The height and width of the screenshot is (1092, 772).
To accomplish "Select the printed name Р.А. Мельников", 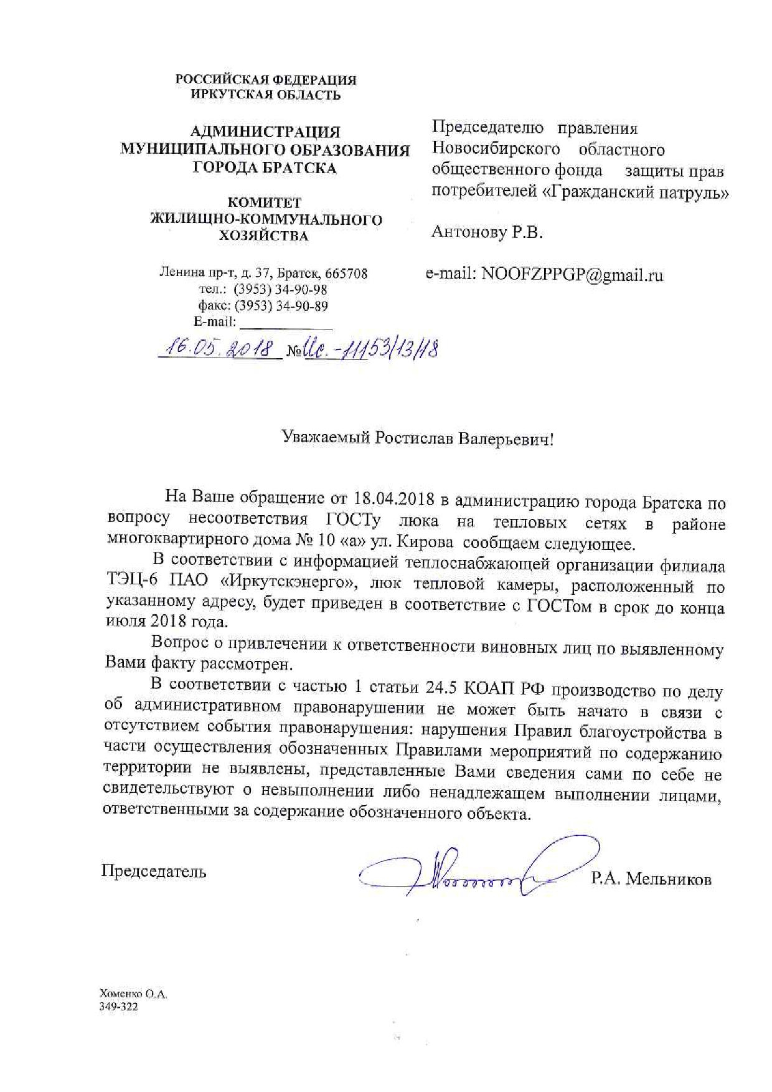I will tap(651, 878).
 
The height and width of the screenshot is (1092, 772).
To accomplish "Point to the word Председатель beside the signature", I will tap(154, 870).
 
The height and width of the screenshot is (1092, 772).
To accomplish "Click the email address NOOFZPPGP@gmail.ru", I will tap(572, 275).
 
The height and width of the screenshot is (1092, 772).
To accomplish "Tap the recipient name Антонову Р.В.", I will tap(487, 234).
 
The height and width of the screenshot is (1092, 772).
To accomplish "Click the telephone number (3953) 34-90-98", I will tap(280, 290).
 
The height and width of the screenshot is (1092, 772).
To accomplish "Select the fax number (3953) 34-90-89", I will tap(280, 306).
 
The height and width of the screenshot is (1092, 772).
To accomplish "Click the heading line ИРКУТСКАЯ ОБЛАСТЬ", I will tap(265, 95).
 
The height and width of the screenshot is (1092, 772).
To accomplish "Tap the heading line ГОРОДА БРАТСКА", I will tap(265, 168).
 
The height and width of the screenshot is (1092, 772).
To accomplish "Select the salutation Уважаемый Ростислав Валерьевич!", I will tap(417, 439).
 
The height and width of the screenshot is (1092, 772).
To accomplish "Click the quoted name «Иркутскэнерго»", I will tap(288, 586).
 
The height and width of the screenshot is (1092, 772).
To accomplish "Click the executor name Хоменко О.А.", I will tap(133, 994).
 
